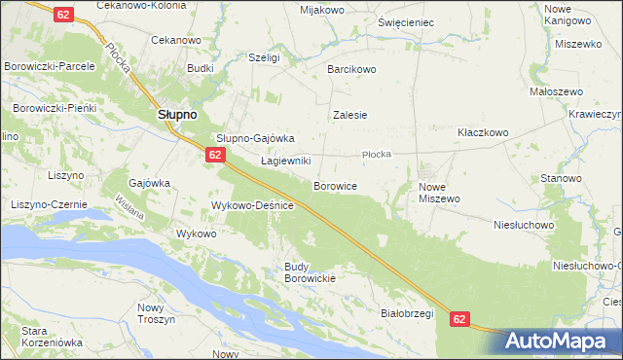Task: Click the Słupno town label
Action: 178,114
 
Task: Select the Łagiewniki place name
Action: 285,161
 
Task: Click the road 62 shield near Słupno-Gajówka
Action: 216,155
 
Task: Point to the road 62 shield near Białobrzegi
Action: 460,318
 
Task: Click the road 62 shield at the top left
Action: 63,15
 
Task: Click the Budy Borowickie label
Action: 310,272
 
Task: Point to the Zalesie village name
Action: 349,114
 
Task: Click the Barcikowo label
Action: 351,69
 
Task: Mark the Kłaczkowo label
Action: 484,131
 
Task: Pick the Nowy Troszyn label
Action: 156,313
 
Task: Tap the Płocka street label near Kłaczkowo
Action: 376,154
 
